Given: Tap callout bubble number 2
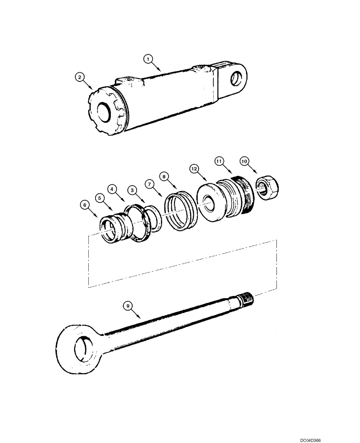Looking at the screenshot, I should (x=79, y=78).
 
